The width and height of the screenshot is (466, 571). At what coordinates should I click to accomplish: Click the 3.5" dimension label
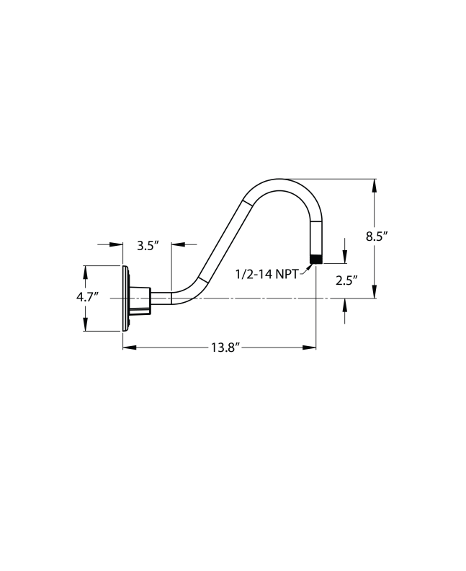pyautogui.click(x=147, y=245)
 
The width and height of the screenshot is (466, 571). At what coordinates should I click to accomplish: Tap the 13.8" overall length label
pyautogui.click(x=225, y=348)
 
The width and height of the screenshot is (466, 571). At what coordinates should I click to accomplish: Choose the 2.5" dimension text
pyautogui.click(x=346, y=281)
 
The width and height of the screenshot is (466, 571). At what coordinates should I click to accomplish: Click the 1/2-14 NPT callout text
pyautogui.click(x=266, y=274)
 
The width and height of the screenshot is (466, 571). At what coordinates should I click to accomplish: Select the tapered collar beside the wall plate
pyautogui.click(x=140, y=298)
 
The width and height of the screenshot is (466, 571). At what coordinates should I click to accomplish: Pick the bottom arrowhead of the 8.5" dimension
pyautogui.click(x=374, y=292)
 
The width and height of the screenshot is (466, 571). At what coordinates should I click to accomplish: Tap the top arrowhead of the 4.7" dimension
pyautogui.click(x=85, y=271)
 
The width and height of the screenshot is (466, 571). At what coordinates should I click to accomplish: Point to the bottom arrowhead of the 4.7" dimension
pyautogui.click(x=85, y=325)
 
